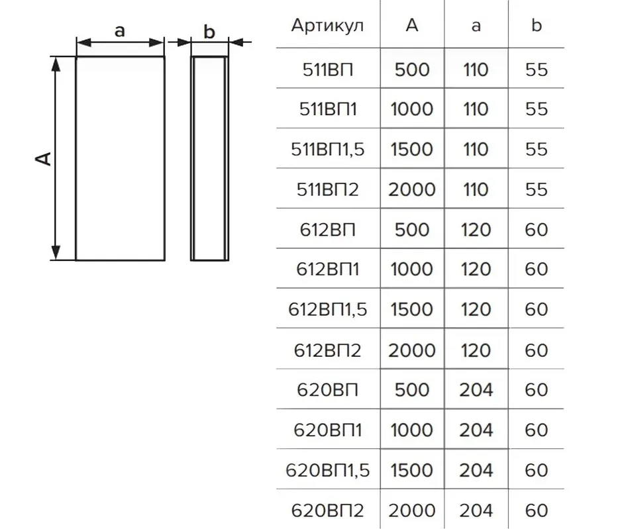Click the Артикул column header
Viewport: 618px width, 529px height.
pos(327,26)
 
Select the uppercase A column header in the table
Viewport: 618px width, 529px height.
pos(412,25)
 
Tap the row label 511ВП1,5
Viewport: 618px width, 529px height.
pos(327,149)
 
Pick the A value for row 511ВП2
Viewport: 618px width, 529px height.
pos(412,189)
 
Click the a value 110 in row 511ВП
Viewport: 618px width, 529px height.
pos(476,70)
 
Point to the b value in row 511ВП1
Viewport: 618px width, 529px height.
pos(537,109)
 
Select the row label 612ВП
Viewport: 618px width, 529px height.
pos(327,230)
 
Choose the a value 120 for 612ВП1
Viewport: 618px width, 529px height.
pos(476,269)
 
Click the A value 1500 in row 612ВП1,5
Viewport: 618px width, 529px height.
pos(412,309)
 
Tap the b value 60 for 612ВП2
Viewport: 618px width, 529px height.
pos(537,350)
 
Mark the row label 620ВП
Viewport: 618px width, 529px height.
pos(327,389)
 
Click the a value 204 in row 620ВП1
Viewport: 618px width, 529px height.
pos(476,430)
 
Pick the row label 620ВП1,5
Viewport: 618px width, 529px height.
pos(327,470)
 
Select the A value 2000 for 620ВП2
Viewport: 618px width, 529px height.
pos(412,510)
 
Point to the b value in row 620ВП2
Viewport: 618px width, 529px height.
pos(537,510)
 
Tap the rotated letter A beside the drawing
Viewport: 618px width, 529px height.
pos(43,158)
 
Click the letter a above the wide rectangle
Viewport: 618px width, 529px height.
pos(119,30)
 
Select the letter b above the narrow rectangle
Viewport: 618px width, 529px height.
pos(209,32)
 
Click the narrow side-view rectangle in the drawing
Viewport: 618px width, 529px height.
pos(191,158)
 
